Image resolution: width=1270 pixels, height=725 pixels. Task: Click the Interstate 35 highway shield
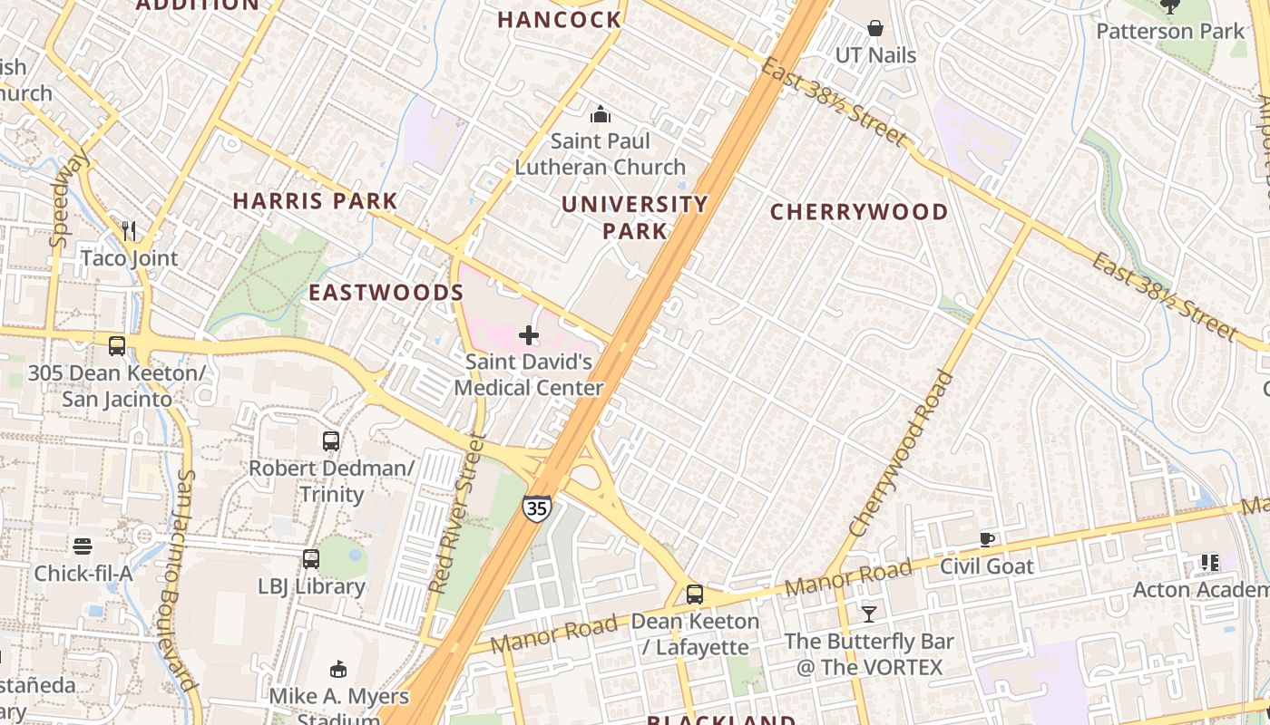click(x=536, y=508)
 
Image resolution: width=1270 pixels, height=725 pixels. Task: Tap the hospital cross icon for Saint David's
click(x=528, y=336)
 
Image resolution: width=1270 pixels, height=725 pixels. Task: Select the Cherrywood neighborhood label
click(x=858, y=212)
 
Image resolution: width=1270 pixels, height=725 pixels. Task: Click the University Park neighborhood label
click(x=634, y=217)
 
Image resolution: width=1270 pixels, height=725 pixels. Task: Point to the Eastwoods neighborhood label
click(x=386, y=293)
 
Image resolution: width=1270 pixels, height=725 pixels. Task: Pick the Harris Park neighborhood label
click(x=315, y=201)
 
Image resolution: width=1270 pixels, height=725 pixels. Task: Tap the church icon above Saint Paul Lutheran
click(x=600, y=114)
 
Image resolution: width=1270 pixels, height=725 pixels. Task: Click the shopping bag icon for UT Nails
click(x=875, y=28)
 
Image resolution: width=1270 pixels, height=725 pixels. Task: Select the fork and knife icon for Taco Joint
click(x=129, y=231)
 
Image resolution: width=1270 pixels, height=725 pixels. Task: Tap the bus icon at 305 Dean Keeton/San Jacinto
click(x=117, y=345)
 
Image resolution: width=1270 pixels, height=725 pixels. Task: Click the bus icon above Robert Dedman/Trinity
click(x=331, y=441)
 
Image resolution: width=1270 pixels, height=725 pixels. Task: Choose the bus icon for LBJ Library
click(x=311, y=559)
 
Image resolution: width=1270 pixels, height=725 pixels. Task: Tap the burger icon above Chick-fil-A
click(x=83, y=546)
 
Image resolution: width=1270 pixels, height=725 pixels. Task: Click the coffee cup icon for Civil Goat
click(x=987, y=540)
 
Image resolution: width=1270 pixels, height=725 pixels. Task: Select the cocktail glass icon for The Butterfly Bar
click(x=869, y=614)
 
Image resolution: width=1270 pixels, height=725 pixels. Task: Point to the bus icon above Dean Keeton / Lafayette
click(x=695, y=594)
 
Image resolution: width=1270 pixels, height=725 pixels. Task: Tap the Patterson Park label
click(x=1170, y=31)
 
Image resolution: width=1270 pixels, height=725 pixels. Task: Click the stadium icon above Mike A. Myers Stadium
click(x=338, y=670)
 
